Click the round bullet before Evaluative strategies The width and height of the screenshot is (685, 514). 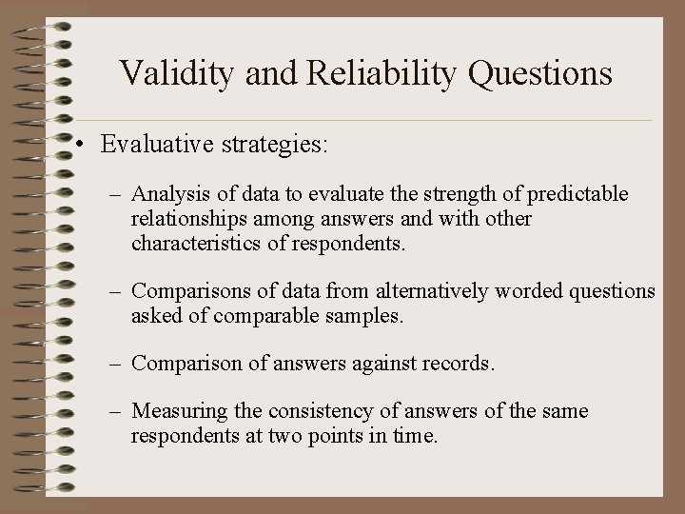click(85, 146)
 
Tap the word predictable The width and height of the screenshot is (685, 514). click(578, 195)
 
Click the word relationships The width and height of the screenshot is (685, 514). click(186, 220)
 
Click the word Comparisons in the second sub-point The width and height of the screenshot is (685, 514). click(188, 291)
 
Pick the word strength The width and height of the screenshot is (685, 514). click(450, 195)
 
